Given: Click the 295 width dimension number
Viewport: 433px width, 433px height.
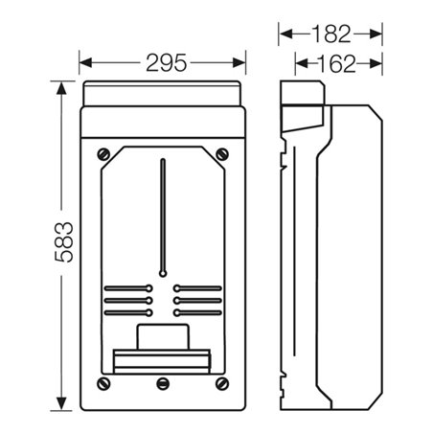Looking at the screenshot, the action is [x=166, y=63].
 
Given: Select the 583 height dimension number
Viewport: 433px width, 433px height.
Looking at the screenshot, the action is [x=64, y=242].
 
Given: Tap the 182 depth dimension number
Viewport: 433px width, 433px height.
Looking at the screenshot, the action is [x=330, y=34].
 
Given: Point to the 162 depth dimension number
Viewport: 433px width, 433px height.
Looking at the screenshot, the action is [x=336, y=63].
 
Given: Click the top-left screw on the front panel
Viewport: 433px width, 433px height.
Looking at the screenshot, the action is [x=103, y=154].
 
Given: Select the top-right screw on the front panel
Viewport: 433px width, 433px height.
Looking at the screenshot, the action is [x=222, y=154].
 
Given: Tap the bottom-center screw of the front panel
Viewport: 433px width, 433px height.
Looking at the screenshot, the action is [x=163, y=383].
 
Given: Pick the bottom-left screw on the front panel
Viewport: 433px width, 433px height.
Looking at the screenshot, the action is [x=103, y=383].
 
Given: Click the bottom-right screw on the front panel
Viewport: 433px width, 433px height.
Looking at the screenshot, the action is [x=222, y=383].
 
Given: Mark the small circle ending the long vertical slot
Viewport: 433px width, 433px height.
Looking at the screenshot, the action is [x=163, y=274].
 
